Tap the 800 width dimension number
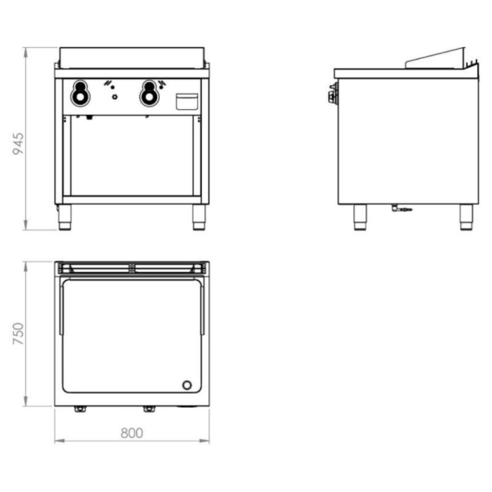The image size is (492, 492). point(132,433)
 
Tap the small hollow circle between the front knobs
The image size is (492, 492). point(114,97)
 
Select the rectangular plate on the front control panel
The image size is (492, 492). point(187,101)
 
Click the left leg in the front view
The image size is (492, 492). point(65,217)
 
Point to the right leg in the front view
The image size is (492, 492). point(199,217)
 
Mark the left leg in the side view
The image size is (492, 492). point(360,217)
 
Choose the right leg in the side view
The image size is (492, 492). point(466,217)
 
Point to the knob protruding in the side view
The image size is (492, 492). point(332,94)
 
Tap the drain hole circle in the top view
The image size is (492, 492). point(187,385)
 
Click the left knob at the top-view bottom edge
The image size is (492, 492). point(80,409)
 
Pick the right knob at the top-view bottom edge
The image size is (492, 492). point(149,409)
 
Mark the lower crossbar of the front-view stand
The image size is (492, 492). point(132,199)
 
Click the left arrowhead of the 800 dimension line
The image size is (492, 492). point(57,441)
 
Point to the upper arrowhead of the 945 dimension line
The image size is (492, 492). point(25,49)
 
